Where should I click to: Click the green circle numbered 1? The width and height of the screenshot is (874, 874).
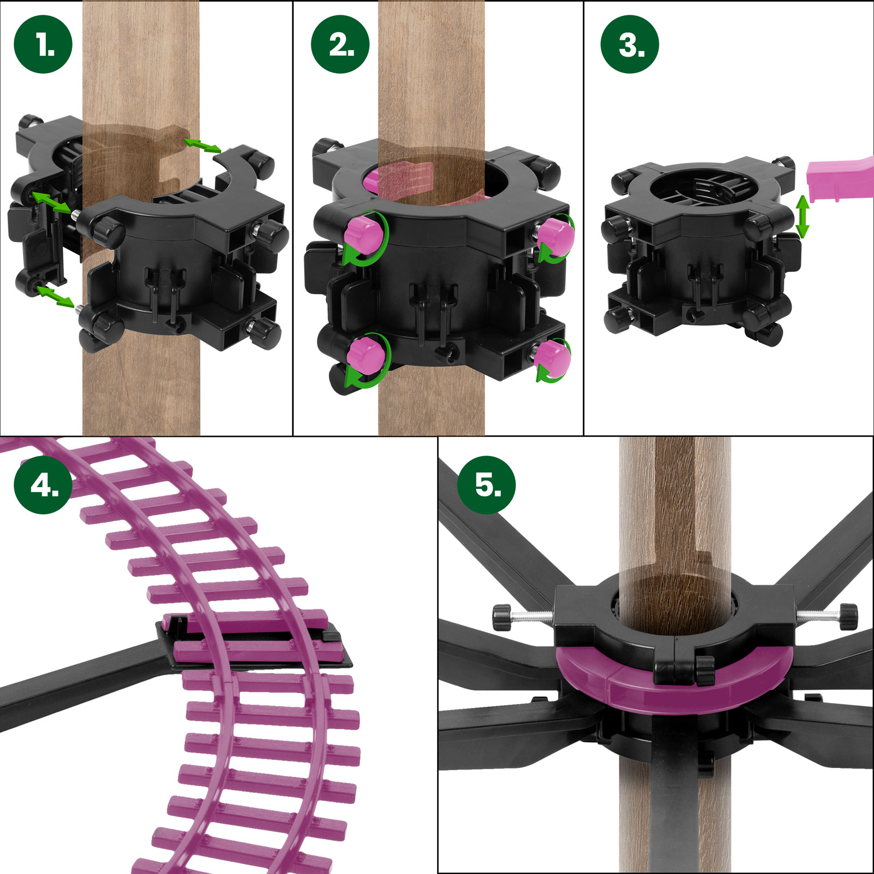(43, 44)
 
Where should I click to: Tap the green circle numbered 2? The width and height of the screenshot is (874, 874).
(340, 44)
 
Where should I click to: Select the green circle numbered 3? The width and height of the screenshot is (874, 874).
(630, 44)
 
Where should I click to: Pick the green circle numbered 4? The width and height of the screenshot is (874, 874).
(43, 485)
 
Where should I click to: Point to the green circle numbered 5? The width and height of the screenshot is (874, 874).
(487, 485)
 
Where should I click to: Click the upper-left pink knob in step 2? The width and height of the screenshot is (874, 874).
(362, 232)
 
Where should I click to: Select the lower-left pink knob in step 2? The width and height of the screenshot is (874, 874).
(366, 354)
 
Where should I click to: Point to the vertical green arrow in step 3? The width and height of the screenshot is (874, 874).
(802, 217)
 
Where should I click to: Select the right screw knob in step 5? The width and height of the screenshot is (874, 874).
(848, 616)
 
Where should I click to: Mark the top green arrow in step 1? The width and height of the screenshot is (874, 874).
(202, 145)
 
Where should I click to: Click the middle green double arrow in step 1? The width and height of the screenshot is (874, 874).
(51, 202)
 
